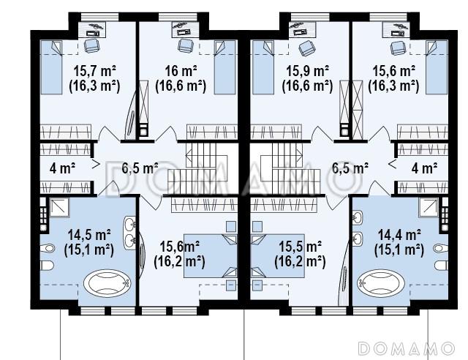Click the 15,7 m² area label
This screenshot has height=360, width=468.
[x=94, y=72]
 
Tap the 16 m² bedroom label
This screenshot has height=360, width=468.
[x=181, y=72]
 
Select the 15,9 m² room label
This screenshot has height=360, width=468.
[x=307, y=72]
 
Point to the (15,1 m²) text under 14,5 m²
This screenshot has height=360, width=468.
[x=89, y=250]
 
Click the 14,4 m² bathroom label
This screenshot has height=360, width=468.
[x=399, y=235]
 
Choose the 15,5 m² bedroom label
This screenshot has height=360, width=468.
[x=300, y=247]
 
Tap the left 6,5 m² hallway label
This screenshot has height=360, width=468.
[x=140, y=168]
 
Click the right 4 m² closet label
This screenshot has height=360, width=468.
[x=424, y=168]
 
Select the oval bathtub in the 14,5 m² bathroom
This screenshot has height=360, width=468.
[x=107, y=282]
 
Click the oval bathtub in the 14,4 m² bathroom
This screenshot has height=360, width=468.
[x=381, y=282]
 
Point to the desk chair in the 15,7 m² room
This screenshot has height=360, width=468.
[x=91, y=45]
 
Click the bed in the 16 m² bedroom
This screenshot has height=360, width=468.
[x=225, y=67]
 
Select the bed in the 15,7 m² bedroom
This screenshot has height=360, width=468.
[x=51, y=67]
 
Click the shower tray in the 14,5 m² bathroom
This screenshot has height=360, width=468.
[x=59, y=207]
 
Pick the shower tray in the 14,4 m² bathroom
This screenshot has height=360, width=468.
[x=429, y=207]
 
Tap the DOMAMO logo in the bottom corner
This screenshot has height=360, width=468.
[x=407, y=348]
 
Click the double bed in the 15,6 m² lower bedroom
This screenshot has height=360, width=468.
[x=211, y=256]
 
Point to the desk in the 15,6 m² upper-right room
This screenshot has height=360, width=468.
[x=396, y=30]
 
